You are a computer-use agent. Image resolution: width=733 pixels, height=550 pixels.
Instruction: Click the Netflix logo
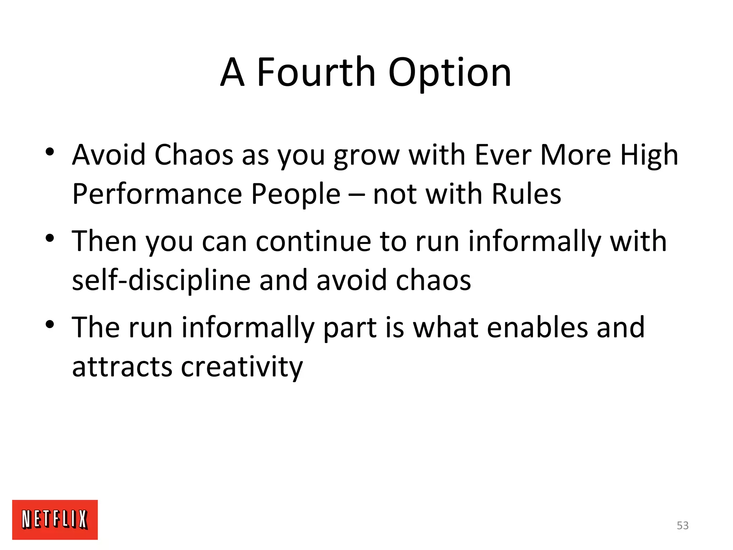[x=55, y=519]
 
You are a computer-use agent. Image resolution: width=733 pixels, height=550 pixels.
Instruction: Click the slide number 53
[x=683, y=525]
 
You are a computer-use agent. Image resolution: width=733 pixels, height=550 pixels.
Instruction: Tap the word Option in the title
[x=450, y=73]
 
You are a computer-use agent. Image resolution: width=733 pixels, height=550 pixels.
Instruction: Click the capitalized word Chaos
[x=194, y=155]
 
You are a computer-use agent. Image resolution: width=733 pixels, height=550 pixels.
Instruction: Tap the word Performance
[x=157, y=194]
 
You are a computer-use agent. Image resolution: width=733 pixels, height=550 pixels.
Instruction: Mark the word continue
[x=313, y=241]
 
